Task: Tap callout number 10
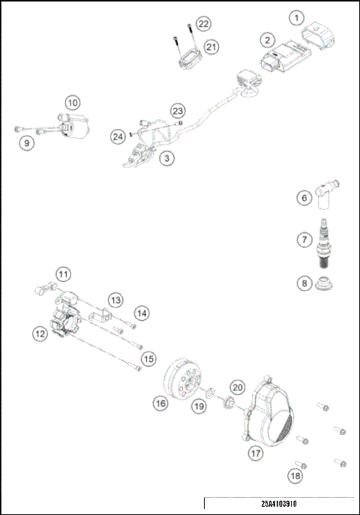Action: click(x=72, y=102)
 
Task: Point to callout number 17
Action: click(x=256, y=453)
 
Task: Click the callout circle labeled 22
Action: click(x=204, y=25)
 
